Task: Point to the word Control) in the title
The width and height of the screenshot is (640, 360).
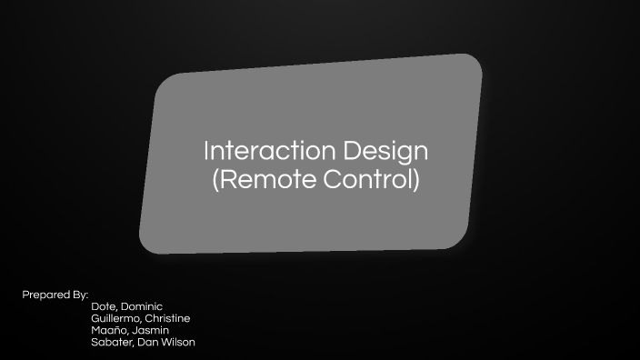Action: [x=373, y=179]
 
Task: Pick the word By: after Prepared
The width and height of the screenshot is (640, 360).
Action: [x=79, y=295]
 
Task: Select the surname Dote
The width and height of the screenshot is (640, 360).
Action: [x=105, y=307]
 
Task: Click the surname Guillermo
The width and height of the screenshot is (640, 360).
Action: [x=115, y=319]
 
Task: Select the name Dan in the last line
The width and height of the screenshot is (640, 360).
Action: [x=149, y=343]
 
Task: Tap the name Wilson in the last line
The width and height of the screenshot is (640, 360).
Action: [x=178, y=343]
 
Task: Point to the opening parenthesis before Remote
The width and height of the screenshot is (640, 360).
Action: [x=215, y=179]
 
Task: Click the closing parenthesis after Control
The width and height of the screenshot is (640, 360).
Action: [x=416, y=179]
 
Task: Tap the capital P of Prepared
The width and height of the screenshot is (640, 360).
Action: [x=25, y=295]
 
